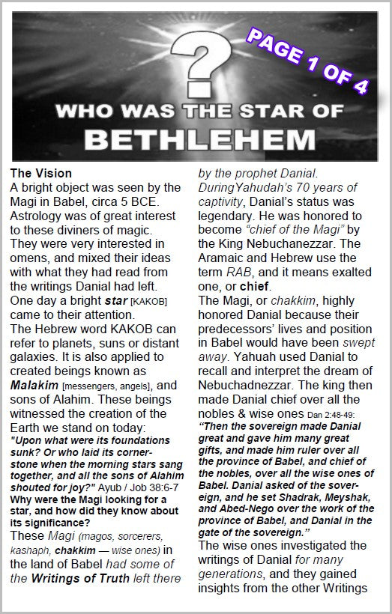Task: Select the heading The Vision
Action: point(42,174)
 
